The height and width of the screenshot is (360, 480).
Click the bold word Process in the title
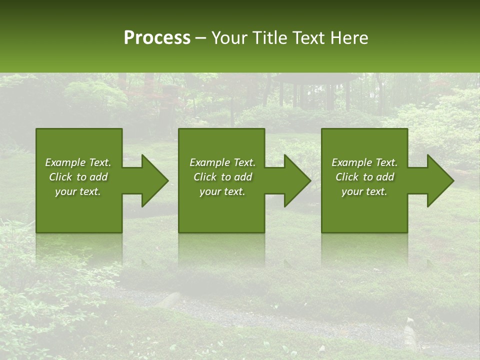[x=157, y=38]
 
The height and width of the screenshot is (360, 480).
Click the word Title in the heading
[x=267, y=38]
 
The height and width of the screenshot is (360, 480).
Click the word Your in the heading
[x=228, y=38]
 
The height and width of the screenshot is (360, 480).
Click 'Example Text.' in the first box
[x=78, y=162]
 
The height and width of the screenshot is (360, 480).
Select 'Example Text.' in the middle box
[x=222, y=162]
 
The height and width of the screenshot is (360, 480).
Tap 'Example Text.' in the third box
[x=364, y=162]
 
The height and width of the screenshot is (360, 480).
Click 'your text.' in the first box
[x=78, y=191]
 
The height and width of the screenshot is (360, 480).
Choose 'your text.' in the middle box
[x=222, y=191]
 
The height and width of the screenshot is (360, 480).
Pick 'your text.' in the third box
[x=364, y=191]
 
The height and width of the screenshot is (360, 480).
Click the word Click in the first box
[x=60, y=177]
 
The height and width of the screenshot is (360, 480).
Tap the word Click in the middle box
[x=205, y=177]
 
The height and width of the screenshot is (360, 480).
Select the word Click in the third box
[x=347, y=177]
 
